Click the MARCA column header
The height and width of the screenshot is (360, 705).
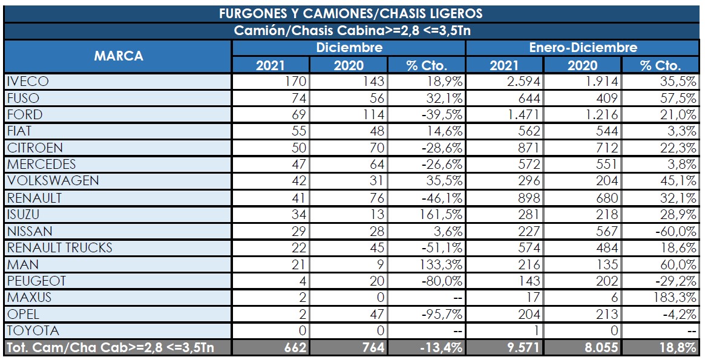pyautogui.click(x=119, y=56)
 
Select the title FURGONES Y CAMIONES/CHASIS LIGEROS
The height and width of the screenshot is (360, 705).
pyautogui.click(x=351, y=13)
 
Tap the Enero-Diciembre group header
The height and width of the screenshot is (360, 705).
pyautogui.click(x=583, y=48)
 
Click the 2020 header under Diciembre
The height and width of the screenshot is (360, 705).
pyautogui.click(x=349, y=65)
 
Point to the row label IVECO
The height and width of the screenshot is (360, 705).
pyautogui.click(x=28, y=82)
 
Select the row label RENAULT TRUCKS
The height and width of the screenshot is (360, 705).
pyautogui.click(x=59, y=247)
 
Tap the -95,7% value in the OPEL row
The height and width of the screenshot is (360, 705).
pyautogui.click(x=442, y=313)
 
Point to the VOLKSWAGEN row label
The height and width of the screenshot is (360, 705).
pyautogui.click(x=53, y=181)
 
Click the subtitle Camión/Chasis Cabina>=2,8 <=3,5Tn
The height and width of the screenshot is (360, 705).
pyautogui.click(x=352, y=31)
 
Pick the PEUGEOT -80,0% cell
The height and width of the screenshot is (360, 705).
pyautogui.click(x=442, y=281)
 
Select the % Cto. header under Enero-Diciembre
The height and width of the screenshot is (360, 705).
pyautogui.click(x=660, y=65)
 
